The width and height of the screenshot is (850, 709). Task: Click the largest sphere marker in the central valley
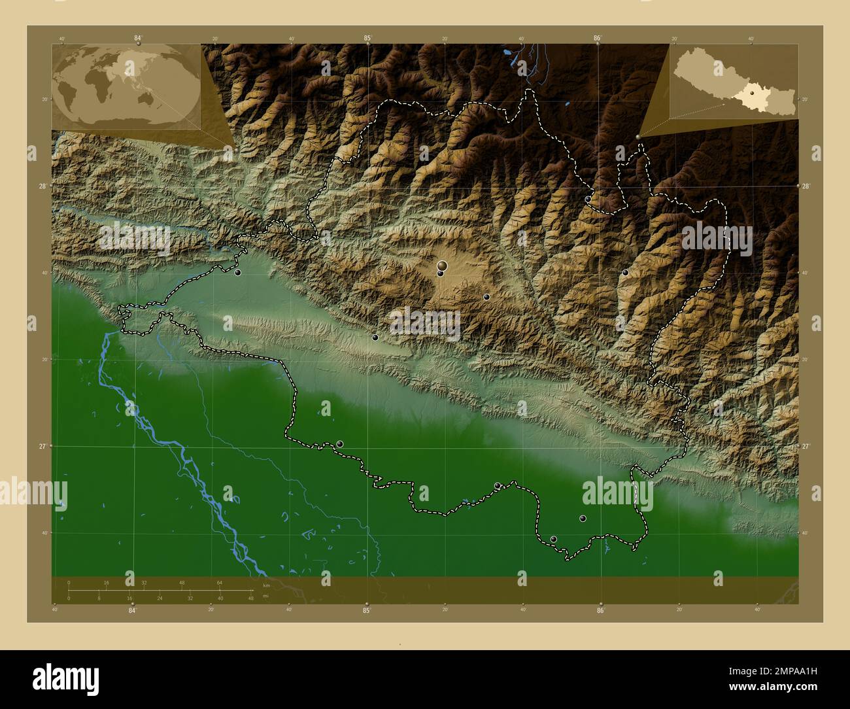coord(443,265)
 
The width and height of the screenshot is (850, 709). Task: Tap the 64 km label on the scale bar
coord(220,582)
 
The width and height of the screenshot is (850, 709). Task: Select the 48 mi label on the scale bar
coord(251,598)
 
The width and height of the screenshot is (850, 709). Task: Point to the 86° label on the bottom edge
coord(600,611)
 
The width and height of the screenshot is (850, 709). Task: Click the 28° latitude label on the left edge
coord(42,186)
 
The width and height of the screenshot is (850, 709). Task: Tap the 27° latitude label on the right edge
coord(807,446)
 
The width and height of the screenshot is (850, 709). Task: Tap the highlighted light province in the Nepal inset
coord(745,98)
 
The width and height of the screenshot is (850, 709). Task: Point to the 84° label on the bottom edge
coord(133,611)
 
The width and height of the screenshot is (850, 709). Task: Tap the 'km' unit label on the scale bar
coord(265,585)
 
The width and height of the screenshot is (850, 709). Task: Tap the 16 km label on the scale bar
coord(107,582)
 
